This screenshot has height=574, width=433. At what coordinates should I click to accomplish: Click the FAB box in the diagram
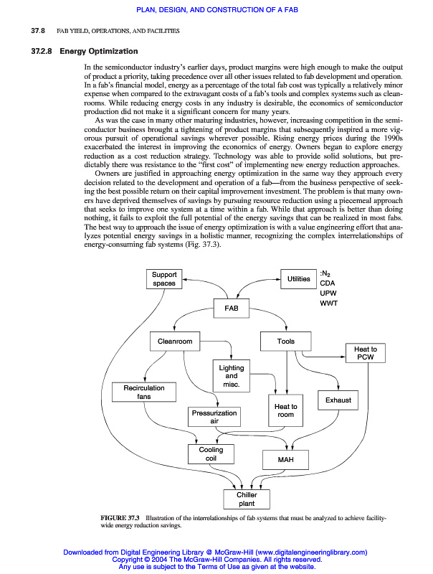pos(232,308)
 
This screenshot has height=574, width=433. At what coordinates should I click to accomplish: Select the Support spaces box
pos(164,279)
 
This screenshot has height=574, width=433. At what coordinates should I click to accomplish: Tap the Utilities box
pos(298,279)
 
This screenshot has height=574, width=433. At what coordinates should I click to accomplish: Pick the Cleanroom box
pos(175,342)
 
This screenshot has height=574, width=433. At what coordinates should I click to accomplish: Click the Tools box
pos(286,342)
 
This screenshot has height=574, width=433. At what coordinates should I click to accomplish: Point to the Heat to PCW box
pos(366,353)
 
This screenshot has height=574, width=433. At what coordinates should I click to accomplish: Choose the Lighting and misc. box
pos(232,376)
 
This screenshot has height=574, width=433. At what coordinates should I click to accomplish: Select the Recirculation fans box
pos(144,392)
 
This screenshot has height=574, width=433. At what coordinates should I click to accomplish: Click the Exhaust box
pos(338,400)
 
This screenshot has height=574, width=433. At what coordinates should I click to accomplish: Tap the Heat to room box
pos(285,410)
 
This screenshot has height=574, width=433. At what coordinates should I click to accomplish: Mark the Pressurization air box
pos(214,417)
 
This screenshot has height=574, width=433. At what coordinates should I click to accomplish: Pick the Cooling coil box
pos(211,454)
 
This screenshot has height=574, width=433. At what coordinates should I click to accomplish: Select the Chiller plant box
pos(247,499)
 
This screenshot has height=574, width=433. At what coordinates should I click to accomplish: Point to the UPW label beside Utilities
pos(327,293)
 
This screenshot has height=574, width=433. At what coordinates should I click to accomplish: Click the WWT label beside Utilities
pos(328,303)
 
